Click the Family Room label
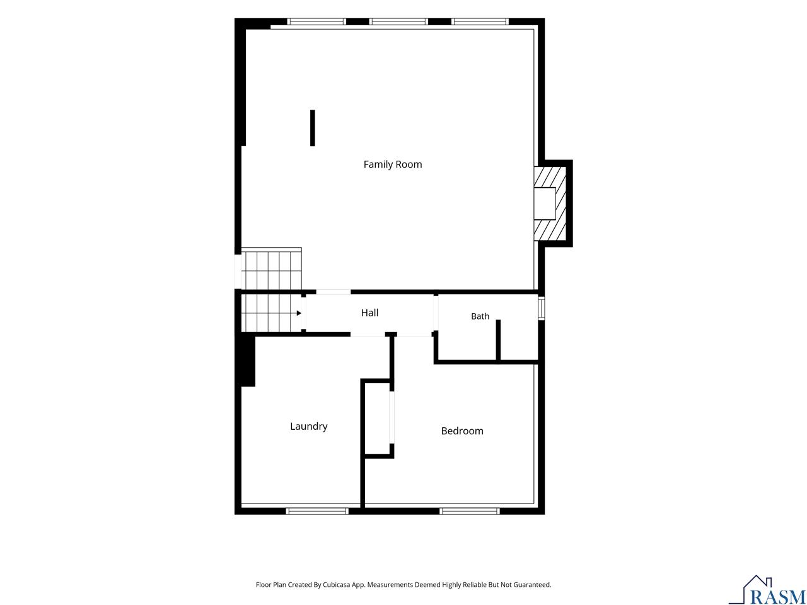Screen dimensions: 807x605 point(392,164)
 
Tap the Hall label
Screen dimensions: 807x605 point(369,313)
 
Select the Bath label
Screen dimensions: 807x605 point(480,316)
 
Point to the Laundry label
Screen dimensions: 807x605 point(308,426)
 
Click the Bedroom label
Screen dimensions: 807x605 point(462,430)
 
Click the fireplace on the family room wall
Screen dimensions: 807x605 point(550,204)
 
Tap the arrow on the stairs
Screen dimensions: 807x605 point(299,313)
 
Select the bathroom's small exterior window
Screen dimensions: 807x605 point(541,309)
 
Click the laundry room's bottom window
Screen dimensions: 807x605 point(317,511)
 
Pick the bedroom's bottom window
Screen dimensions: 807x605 point(470,511)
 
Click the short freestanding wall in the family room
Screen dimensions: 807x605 point(313,128)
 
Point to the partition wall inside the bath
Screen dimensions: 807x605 point(498,340)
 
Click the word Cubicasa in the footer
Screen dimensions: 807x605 point(337,584)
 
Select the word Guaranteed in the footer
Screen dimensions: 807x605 point(534,584)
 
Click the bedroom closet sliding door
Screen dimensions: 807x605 point(392,417)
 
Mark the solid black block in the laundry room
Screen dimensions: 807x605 point(248,360)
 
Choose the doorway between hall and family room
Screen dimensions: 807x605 point(333,292)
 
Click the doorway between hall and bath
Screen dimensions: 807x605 point(436,313)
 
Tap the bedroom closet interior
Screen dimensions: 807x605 point(377,418)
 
